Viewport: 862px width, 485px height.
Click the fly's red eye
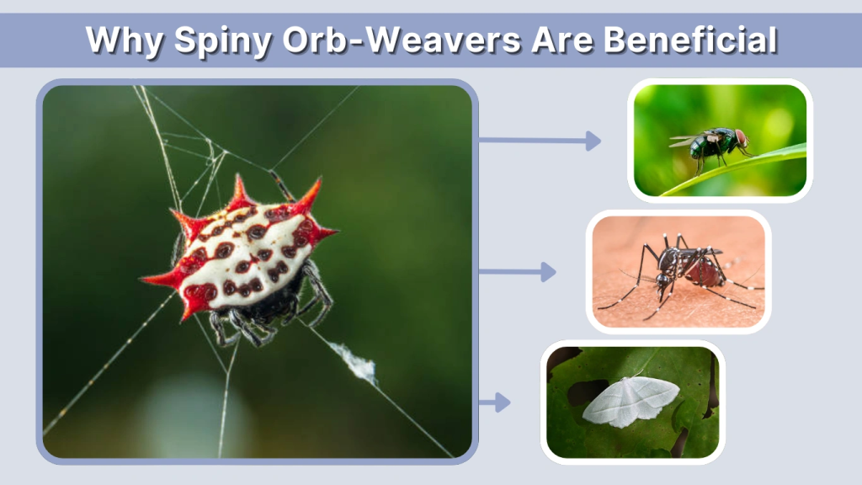[741, 137]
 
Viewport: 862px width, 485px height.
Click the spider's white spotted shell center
[244, 253]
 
